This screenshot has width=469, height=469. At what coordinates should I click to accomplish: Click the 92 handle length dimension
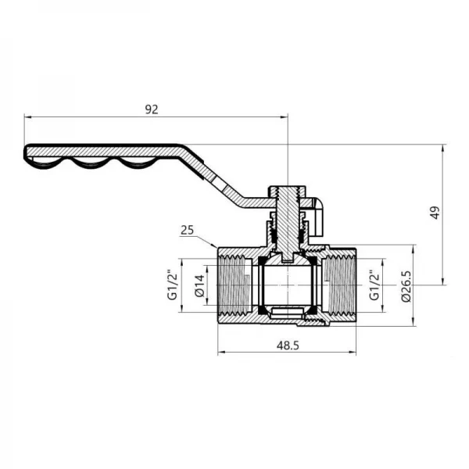(x=152, y=110)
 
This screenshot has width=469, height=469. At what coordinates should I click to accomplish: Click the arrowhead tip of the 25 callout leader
(x=215, y=249)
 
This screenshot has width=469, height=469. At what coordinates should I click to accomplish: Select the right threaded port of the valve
(x=342, y=286)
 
